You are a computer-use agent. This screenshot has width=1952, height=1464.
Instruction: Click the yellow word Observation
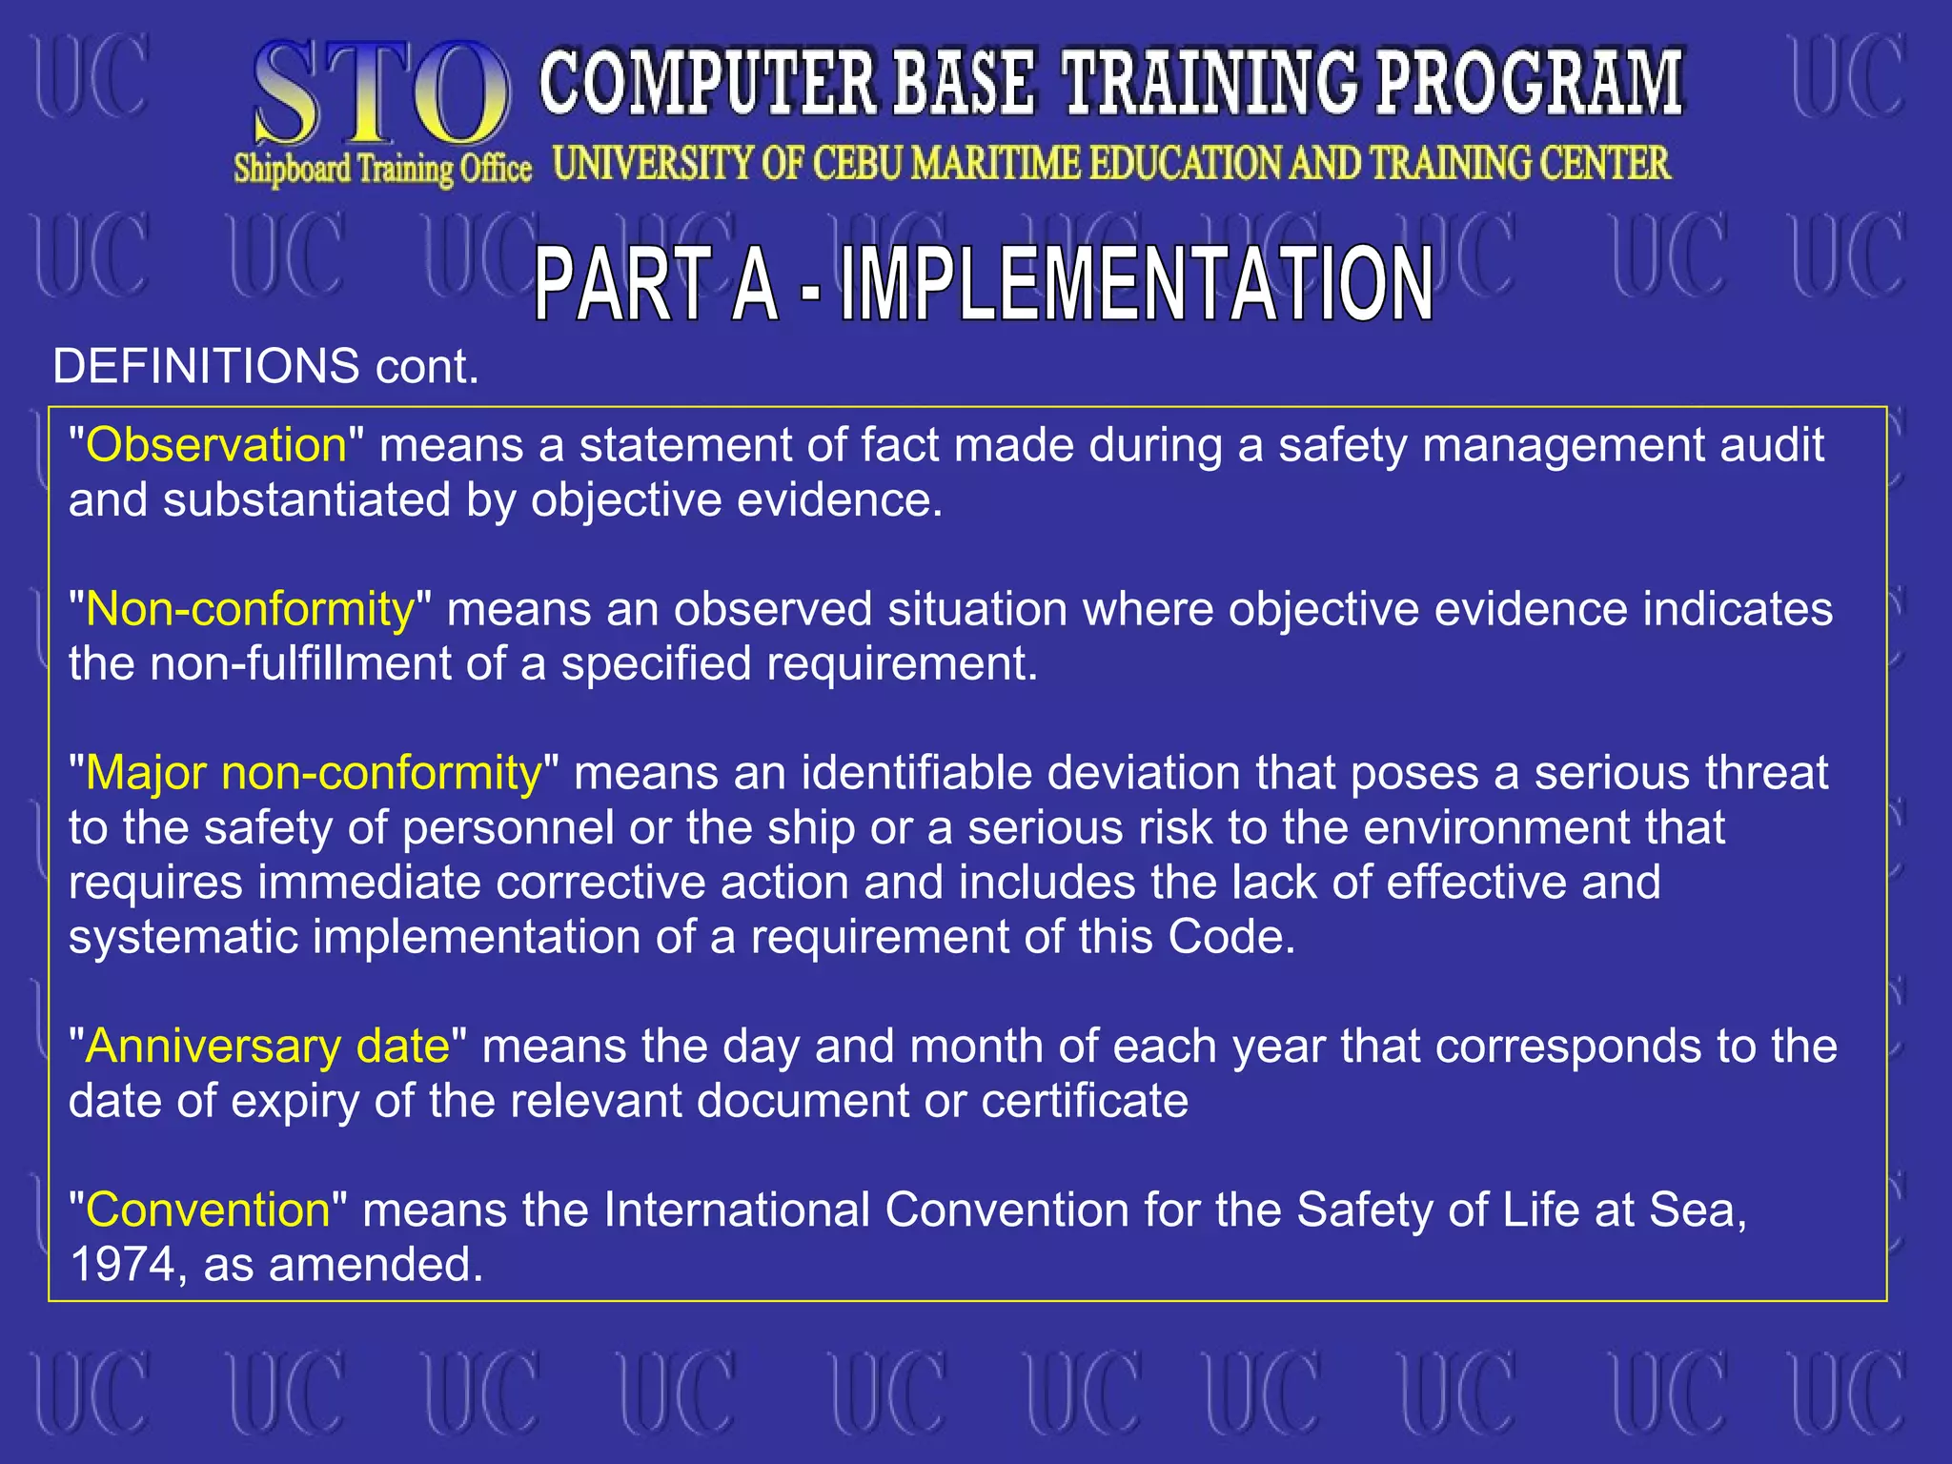(x=216, y=446)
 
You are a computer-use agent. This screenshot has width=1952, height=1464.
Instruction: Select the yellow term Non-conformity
(x=251, y=610)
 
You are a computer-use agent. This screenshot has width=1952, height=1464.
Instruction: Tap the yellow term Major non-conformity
(x=314, y=774)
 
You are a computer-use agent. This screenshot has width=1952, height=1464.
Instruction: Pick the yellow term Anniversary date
(x=268, y=1047)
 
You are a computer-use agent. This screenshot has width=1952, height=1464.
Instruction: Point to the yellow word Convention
(x=208, y=1210)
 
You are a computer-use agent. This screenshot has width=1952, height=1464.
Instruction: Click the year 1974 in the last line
(x=122, y=1266)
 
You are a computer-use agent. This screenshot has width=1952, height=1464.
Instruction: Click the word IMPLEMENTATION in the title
(x=1136, y=284)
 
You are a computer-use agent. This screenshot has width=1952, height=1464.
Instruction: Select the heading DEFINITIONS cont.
(x=265, y=367)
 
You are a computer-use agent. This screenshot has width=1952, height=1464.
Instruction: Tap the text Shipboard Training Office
(x=382, y=170)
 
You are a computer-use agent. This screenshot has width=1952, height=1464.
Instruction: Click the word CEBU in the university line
(x=857, y=164)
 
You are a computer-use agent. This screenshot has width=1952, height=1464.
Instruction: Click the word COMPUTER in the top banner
(x=707, y=84)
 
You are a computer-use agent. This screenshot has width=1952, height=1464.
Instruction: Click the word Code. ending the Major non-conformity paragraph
(x=1231, y=938)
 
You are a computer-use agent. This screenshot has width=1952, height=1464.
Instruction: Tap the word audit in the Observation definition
(x=1771, y=446)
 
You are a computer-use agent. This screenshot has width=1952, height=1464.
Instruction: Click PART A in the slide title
(x=656, y=284)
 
